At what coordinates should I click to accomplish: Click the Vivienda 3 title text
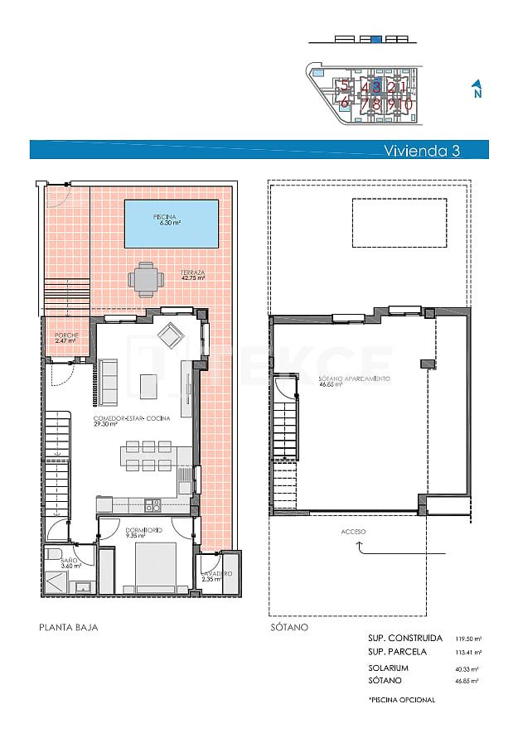click(x=421, y=151)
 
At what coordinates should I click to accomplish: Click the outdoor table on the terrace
click(x=146, y=279)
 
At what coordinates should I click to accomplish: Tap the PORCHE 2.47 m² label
click(x=65, y=337)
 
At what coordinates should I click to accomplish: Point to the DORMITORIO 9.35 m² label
click(x=144, y=532)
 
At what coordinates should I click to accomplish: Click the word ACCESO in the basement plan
click(x=353, y=531)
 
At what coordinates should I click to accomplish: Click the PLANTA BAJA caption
click(x=69, y=627)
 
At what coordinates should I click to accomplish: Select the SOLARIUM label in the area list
click(x=389, y=667)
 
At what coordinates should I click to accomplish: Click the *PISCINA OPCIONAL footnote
click(x=402, y=700)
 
